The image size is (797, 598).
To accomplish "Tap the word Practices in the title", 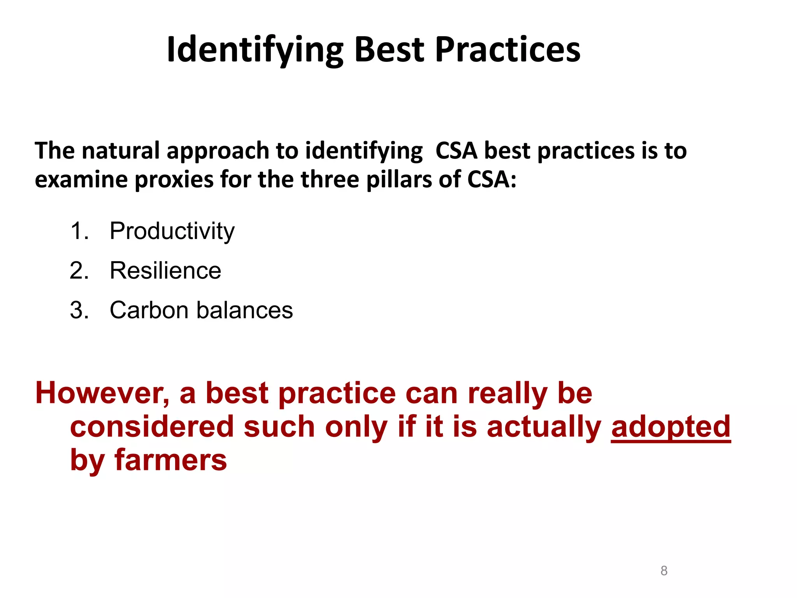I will [x=507, y=50].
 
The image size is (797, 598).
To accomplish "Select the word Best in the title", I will [x=389, y=50].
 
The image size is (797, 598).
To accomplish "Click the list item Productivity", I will [x=172, y=231].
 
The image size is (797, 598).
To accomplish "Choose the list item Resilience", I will [x=165, y=271].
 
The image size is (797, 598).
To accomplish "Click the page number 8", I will [x=664, y=571].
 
